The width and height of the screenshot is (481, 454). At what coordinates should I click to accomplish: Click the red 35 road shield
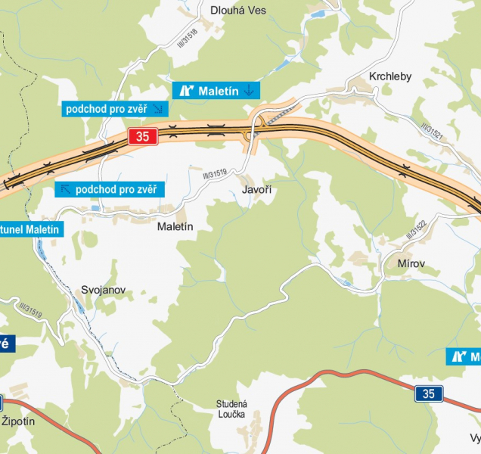[143, 137]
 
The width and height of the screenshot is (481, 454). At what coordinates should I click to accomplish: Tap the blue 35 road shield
[429, 393]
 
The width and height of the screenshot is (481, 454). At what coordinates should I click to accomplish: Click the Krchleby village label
[390, 76]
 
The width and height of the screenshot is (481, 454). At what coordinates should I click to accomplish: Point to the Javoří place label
[256, 190]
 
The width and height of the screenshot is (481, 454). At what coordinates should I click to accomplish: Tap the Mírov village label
[411, 263]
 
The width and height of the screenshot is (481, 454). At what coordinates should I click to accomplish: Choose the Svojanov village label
[103, 290]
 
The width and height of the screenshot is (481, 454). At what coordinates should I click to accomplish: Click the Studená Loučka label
[231, 409]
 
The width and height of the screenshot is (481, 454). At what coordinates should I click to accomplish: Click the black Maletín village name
[175, 226]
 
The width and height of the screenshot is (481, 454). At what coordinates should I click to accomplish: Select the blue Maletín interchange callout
[216, 91]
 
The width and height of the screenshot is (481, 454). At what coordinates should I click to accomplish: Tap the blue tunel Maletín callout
[29, 229]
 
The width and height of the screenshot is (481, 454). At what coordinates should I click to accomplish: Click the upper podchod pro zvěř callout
[114, 109]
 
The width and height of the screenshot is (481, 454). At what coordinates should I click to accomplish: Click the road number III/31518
[187, 38]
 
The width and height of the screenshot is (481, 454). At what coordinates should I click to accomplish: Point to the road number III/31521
[431, 133]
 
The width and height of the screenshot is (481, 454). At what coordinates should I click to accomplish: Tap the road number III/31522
[418, 229]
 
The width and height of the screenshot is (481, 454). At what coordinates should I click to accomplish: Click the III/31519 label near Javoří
[215, 175]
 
